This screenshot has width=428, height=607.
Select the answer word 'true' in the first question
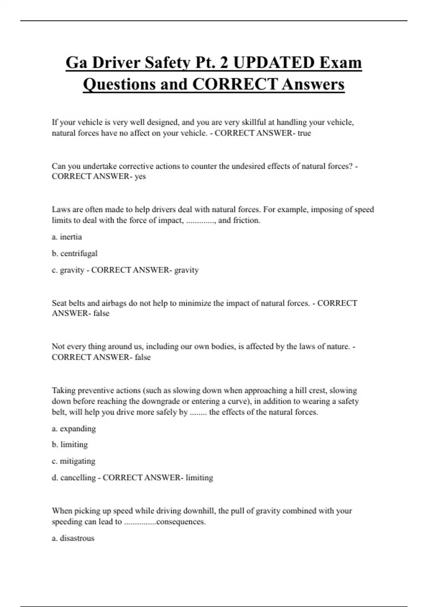click(x=304, y=133)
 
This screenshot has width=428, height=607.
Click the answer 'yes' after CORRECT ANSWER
click(x=140, y=176)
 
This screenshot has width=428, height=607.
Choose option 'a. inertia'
click(x=67, y=237)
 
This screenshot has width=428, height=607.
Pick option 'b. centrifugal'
click(x=75, y=254)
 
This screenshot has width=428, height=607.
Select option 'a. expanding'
click(x=74, y=428)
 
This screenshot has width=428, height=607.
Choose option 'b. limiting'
click(x=70, y=445)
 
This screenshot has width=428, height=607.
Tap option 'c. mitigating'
click(x=73, y=461)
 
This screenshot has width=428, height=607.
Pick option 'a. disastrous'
click(x=73, y=538)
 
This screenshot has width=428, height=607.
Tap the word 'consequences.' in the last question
click(x=181, y=522)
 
